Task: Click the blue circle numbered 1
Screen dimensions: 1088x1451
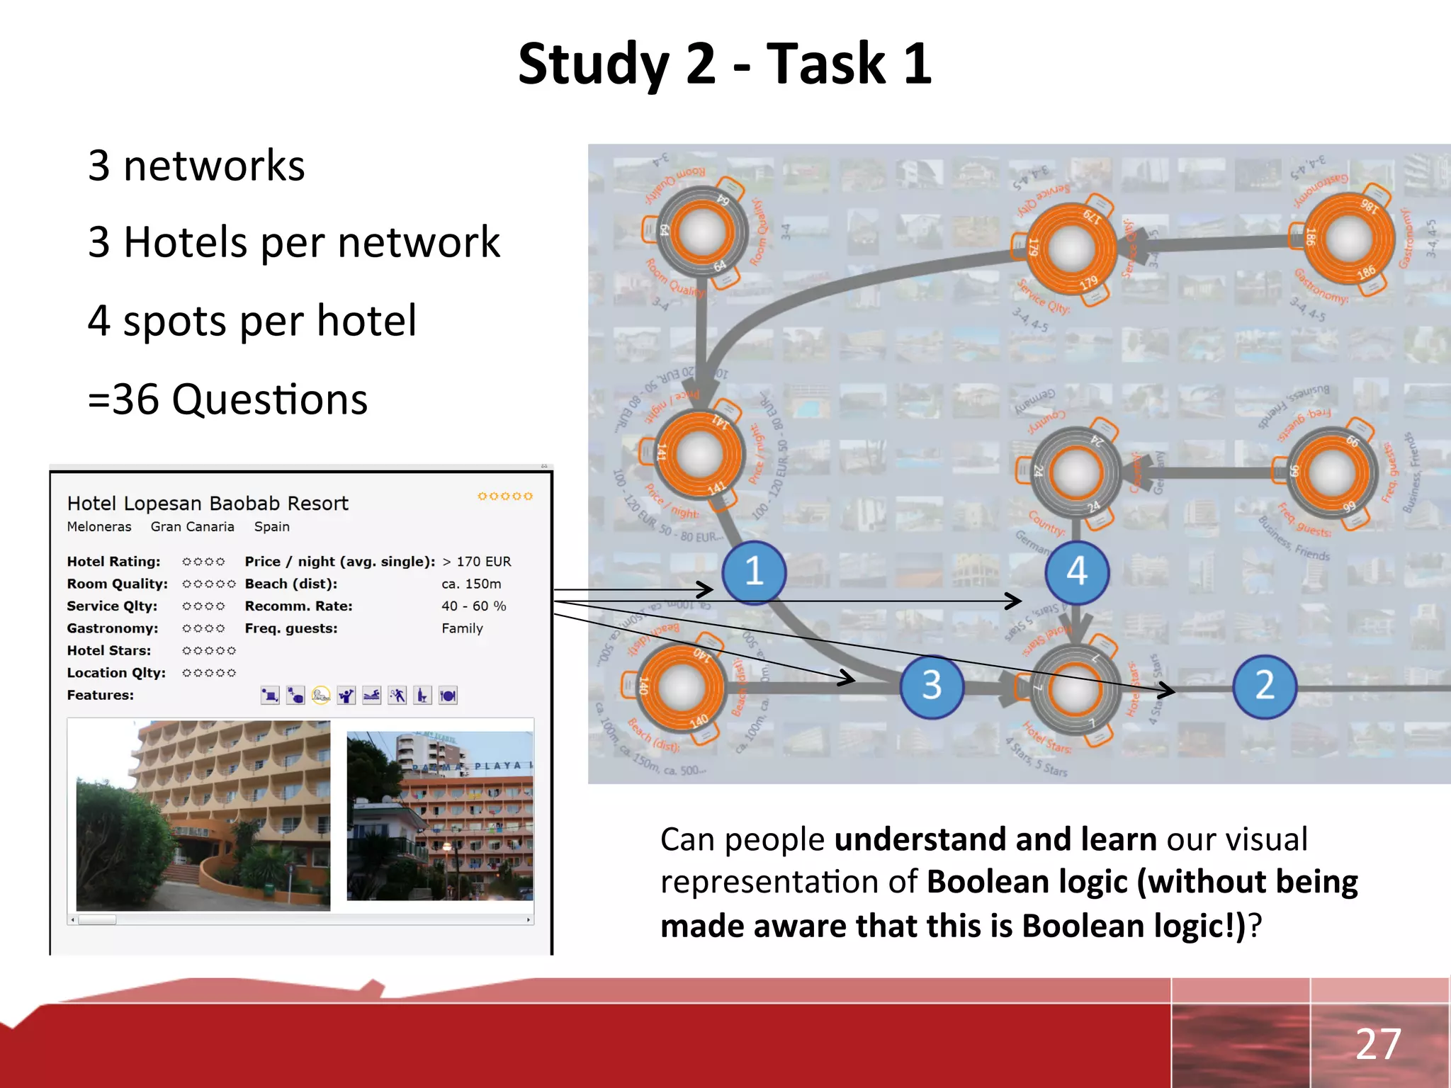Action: pyautogui.click(x=754, y=572)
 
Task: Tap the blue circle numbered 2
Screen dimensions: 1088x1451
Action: pyautogui.click(x=1265, y=686)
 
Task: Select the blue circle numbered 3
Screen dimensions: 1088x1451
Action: pyautogui.click(x=932, y=686)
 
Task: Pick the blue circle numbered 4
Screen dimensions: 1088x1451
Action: pyautogui.click(x=1077, y=572)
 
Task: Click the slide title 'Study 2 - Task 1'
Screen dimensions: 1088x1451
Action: pyautogui.click(x=725, y=64)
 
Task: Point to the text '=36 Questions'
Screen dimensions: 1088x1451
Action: pyautogui.click(x=227, y=399)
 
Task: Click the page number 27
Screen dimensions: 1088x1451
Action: pyautogui.click(x=1378, y=1043)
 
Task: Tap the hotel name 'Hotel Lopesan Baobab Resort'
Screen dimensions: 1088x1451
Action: pyautogui.click(x=208, y=504)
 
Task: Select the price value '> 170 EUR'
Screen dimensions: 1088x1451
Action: pyautogui.click(x=476, y=562)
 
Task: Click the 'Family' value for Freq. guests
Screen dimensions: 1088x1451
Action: pyautogui.click(x=462, y=628)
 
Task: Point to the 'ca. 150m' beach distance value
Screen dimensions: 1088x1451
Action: pyautogui.click(x=471, y=584)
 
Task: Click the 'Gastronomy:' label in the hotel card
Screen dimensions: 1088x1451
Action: pyautogui.click(x=113, y=628)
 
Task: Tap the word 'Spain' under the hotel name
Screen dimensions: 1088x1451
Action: pyautogui.click(x=271, y=527)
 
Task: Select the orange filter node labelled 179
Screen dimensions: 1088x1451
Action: pyautogui.click(x=1071, y=248)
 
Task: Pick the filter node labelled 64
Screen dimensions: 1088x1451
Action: pyautogui.click(x=702, y=232)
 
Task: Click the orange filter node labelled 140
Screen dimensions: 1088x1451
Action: pyautogui.click(x=681, y=686)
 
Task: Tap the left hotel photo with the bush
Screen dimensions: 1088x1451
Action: pyautogui.click(x=203, y=815)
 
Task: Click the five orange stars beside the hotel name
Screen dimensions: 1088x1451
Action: pyautogui.click(x=504, y=497)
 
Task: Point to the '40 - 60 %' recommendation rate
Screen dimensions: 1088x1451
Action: pyautogui.click(x=473, y=606)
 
